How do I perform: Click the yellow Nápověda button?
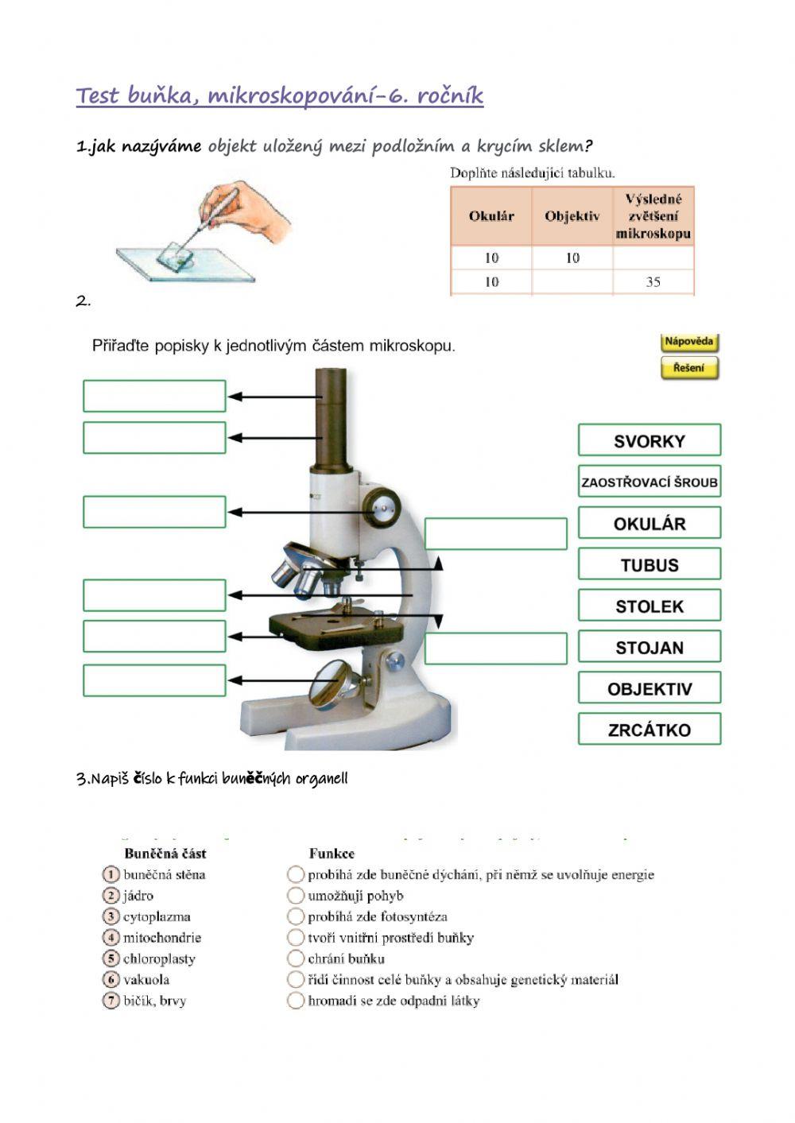(688, 343)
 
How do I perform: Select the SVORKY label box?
(649, 440)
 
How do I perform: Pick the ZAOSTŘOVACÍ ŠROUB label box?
(649, 482)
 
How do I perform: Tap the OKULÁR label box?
(649, 523)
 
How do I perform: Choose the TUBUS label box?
(649, 564)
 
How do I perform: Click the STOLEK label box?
(649, 606)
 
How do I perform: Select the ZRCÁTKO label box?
(649, 729)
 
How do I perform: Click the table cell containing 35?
(653, 281)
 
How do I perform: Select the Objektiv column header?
(572, 216)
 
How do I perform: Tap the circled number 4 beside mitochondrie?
(111, 938)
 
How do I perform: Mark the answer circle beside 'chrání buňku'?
(296, 958)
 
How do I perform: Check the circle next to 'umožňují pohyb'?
(296, 896)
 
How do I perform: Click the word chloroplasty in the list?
(159, 958)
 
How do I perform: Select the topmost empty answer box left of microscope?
(154, 396)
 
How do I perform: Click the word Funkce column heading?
(332, 854)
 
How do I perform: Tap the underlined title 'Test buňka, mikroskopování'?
(279, 96)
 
